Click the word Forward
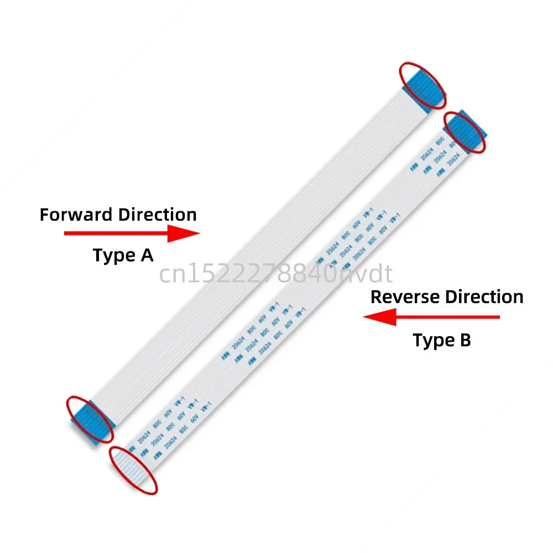(x=69, y=215)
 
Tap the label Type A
(x=123, y=255)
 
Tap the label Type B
(x=442, y=340)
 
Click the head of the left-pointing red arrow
(x=376, y=317)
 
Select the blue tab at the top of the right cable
(x=466, y=131)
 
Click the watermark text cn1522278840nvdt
(x=276, y=274)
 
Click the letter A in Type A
(x=145, y=255)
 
